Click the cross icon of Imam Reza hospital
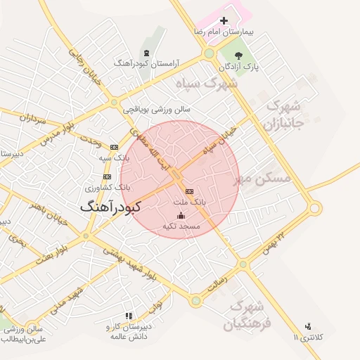click(x=224, y=21)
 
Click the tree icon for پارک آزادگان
click(x=238, y=55)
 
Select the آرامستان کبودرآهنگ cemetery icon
click(x=146, y=53)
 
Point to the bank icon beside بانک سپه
click(x=114, y=146)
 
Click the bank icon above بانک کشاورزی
click(x=107, y=176)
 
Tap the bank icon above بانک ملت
click(x=188, y=191)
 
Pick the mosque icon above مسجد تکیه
click(x=181, y=216)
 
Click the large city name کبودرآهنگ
click(x=110, y=207)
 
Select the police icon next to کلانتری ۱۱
click(x=308, y=327)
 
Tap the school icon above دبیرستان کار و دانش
click(x=127, y=316)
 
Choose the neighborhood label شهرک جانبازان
click(x=285, y=115)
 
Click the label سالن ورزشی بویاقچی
click(x=156, y=110)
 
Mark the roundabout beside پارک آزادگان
click(x=209, y=53)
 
